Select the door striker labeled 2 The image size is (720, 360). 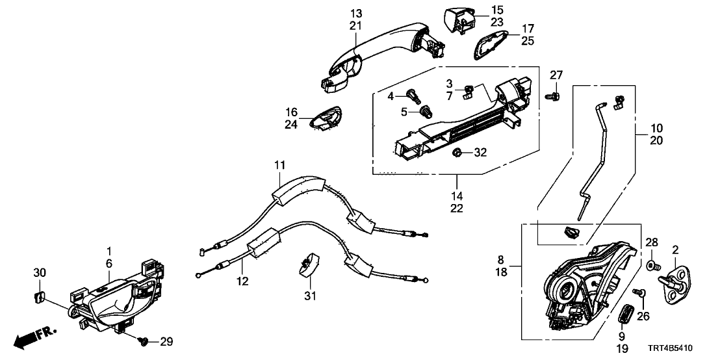click(x=674, y=282)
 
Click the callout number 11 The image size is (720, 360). click(x=279, y=166)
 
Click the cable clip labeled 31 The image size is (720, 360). click(x=308, y=264)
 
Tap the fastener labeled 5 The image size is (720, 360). click(x=426, y=112)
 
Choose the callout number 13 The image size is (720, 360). click(x=355, y=14)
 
